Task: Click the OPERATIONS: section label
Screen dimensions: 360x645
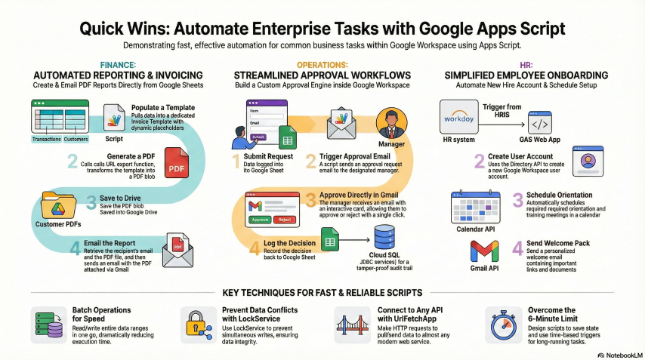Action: pos(322,66)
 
